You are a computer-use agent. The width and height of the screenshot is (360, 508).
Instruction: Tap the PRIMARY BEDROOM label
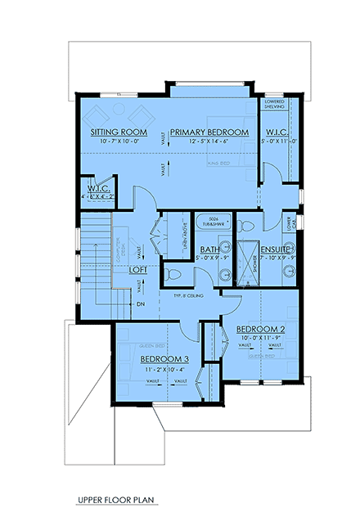click(x=209, y=132)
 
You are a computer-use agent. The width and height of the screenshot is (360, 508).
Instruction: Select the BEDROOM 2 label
click(x=259, y=330)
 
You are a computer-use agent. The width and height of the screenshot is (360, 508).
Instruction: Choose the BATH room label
click(x=209, y=250)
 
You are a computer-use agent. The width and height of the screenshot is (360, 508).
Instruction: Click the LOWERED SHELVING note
click(x=274, y=104)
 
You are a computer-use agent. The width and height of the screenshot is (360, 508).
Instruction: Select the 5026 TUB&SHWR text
click(x=216, y=221)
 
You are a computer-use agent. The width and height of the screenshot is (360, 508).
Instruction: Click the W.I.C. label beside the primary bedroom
click(x=274, y=132)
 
